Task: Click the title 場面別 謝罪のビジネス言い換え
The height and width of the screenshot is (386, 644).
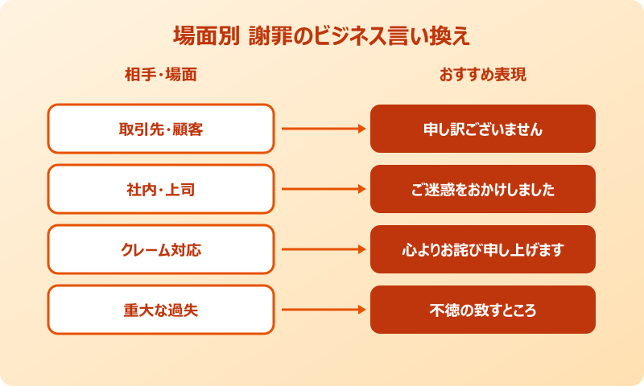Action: [322, 37]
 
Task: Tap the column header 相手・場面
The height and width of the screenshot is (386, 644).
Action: [161, 76]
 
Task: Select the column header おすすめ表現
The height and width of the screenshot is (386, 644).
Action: [483, 76]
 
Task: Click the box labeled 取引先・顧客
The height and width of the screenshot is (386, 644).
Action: [161, 129]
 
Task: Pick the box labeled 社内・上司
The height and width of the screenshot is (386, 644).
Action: [161, 189]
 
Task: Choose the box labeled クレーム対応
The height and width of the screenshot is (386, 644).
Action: [161, 249]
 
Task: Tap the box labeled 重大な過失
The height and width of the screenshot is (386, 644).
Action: [161, 310]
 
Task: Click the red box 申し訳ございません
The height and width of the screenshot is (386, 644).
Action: [483, 129]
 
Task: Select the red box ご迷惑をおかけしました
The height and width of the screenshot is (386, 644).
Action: [483, 189]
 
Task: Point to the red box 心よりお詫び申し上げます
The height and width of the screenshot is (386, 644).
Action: [483, 249]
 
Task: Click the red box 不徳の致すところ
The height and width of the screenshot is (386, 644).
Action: [483, 310]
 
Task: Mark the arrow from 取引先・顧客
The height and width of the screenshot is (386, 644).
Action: [322, 129]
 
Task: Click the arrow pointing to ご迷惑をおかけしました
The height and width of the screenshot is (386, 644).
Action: [322, 189]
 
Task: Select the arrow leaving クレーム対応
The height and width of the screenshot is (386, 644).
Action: [322, 249]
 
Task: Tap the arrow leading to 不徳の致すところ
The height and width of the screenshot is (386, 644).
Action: [322, 310]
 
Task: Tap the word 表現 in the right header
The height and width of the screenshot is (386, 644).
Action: [512, 76]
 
